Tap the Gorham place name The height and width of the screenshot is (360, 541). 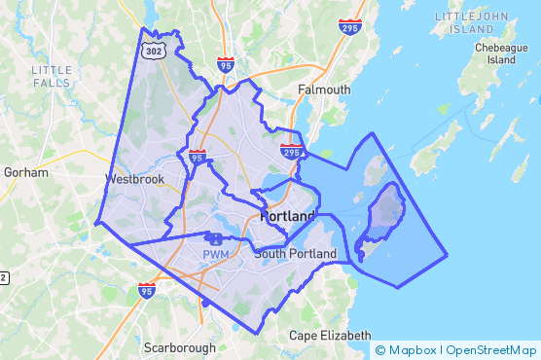[26, 172]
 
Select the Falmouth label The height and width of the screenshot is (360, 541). [325, 90]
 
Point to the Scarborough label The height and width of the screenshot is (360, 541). [181, 347]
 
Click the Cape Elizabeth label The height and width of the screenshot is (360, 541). [331, 336]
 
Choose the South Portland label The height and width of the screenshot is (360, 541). [295, 254]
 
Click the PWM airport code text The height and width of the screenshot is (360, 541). [215, 255]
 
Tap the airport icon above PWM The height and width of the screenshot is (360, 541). [215, 238]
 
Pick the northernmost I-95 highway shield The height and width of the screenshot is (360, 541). [226, 64]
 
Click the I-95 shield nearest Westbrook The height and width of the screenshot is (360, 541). [198, 157]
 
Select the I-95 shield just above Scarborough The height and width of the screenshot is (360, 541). [146, 290]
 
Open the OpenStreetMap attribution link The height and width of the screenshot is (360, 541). [492, 350]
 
